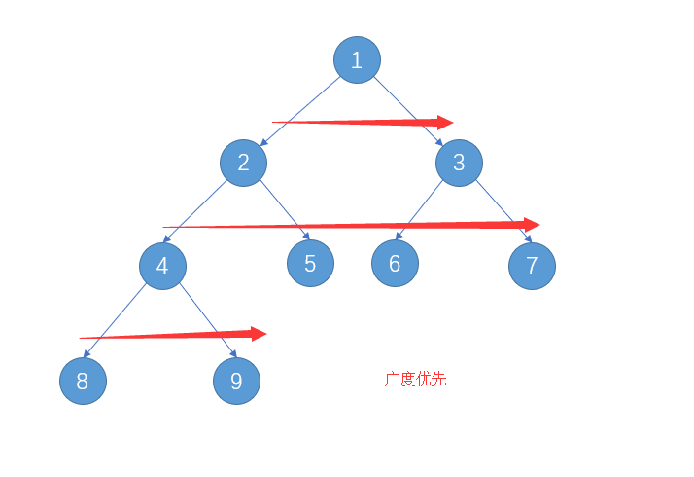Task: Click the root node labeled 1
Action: point(357,60)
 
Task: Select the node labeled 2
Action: point(243,163)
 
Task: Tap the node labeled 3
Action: point(459,163)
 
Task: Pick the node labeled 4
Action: point(162,266)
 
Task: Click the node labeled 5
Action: point(310,263)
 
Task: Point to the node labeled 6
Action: point(395,263)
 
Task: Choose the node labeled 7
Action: point(532,266)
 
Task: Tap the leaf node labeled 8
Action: point(83,382)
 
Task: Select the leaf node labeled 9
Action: point(236,381)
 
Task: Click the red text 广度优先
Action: point(416,380)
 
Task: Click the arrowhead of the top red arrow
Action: point(445,123)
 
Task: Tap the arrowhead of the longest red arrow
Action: point(531,224)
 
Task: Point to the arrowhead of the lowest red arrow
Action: point(258,334)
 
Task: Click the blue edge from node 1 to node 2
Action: point(301,110)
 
